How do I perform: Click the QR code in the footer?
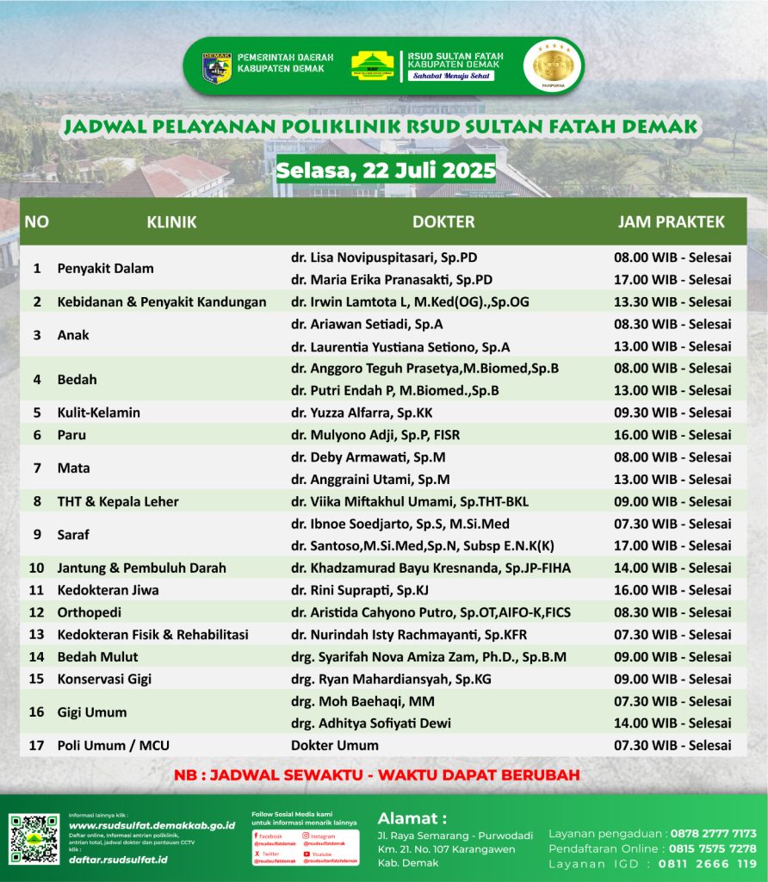pos(34,839)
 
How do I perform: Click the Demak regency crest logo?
pos(216,67)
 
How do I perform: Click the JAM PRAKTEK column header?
pos(672,222)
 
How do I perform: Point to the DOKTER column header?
pos(443,222)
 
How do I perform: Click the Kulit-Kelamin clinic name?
pos(99,413)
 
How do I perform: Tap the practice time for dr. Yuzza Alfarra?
pos(672,413)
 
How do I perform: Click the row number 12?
pos(37,612)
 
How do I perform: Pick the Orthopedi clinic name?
pos(90,612)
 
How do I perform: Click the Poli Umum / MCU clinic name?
pos(112,745)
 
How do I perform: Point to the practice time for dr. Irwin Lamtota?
pos(672,301)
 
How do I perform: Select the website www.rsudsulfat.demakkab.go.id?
pos(152,825)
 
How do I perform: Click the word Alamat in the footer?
pos(412,817)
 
